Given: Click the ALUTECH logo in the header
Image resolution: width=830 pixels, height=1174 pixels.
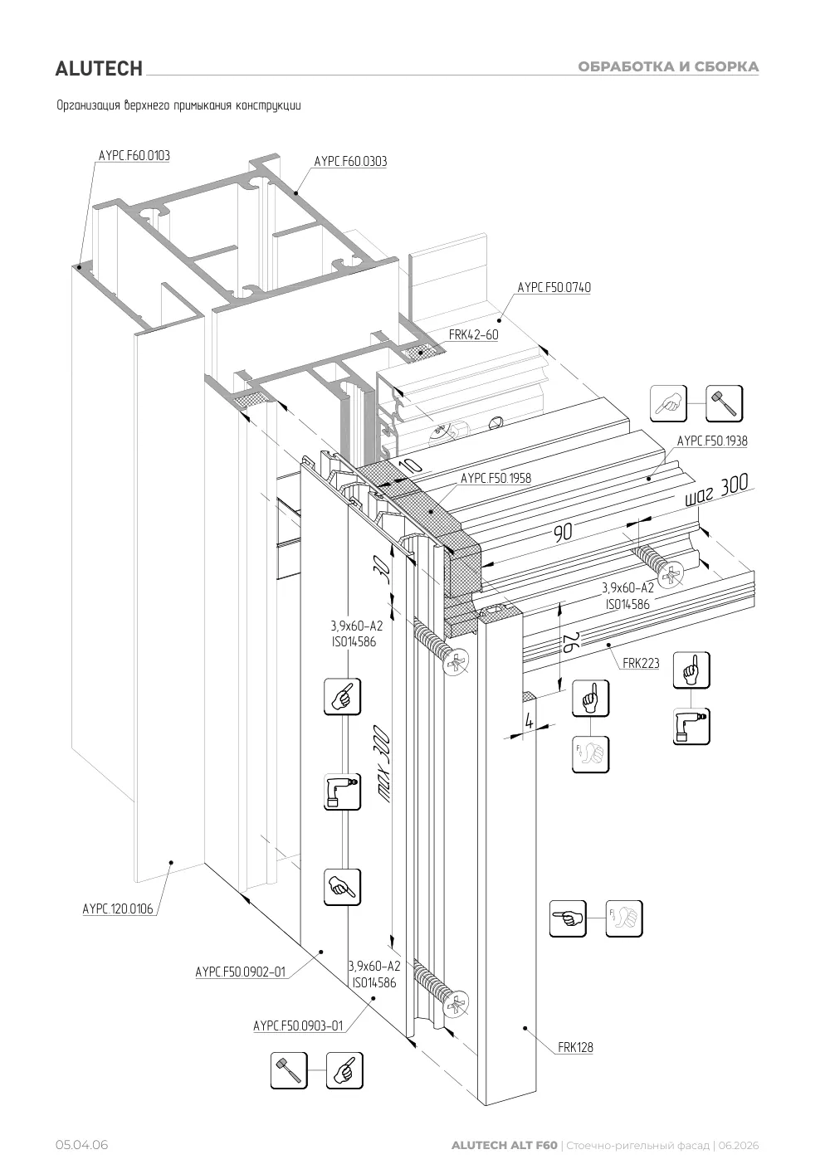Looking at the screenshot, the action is [x=99, y=69].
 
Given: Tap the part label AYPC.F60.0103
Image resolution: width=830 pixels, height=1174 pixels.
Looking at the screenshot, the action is [x=134, y=156].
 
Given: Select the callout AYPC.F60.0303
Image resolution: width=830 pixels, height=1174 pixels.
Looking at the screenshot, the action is [x=350, y=162].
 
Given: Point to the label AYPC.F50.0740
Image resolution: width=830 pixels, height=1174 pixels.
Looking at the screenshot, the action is [x=554, y=287].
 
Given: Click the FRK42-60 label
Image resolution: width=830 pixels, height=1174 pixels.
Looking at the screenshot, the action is [x=473, y=334].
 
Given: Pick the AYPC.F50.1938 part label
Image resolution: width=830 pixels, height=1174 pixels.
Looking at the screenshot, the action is [x=712, y=441].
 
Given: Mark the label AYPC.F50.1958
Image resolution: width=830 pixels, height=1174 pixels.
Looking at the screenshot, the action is [x=496, y=478].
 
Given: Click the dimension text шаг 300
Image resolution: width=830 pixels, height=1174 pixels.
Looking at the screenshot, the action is [x=717, y=490].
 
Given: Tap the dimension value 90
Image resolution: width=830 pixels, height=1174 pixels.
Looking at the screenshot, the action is [x=563, y=533].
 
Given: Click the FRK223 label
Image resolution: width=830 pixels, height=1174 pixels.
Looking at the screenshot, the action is [x=641, y=663].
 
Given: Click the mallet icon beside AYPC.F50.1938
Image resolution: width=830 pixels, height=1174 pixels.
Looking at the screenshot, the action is [x=724, y=403].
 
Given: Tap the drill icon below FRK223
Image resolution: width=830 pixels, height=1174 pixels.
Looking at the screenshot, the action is [x=691, y=726].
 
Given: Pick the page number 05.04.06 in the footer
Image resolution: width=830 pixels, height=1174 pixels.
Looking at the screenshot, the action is [x=82, y=1145].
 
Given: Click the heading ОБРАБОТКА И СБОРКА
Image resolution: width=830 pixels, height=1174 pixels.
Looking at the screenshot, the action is [x=668, y=67].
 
